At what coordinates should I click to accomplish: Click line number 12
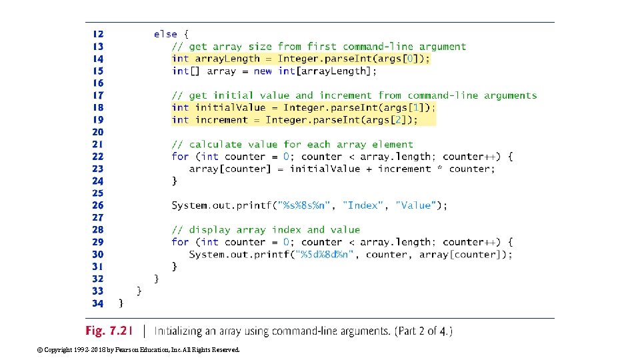click(x=98, y=34)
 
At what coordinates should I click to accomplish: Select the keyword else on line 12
click(x=165, y=34)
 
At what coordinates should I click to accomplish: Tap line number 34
click(x=98, y=303)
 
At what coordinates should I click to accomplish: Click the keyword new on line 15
click(x=263, y=71)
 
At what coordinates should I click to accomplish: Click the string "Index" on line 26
click(x=363, y=205)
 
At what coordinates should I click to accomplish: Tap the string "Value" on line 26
click(x=417, y=205)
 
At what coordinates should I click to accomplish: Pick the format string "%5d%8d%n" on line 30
click(x=325, y=255)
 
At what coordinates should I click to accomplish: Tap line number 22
click(x=98, y=157)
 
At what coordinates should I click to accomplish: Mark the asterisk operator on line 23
click(x=440, y=169)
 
